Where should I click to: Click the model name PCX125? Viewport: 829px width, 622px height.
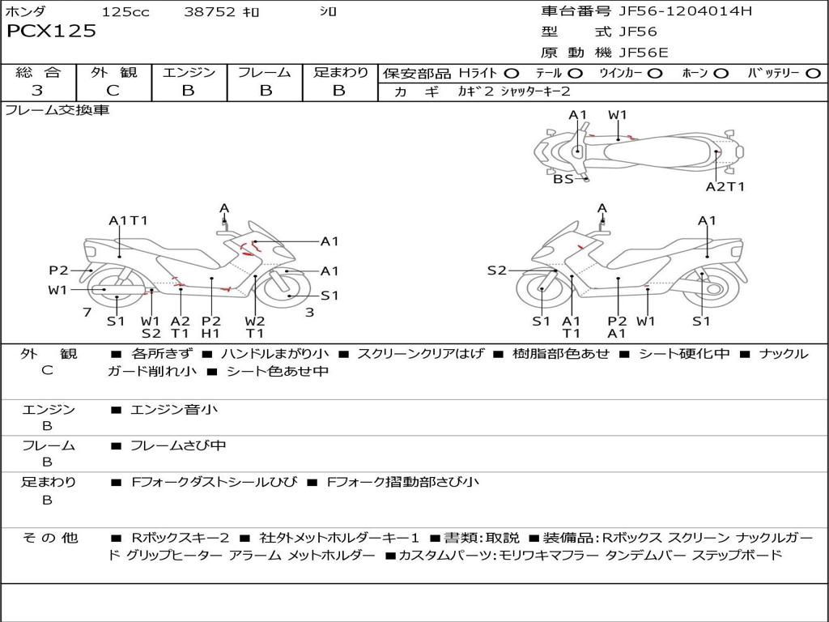tap(51, 32)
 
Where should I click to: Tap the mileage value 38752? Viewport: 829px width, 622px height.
tap(209, 12)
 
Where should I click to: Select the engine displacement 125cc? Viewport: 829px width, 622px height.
tap(125, 12)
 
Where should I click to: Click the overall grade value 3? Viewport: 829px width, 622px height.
tap(37, 91)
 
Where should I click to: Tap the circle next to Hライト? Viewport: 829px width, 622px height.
tap(512, 74)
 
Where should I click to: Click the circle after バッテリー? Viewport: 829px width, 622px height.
tap(813, 74)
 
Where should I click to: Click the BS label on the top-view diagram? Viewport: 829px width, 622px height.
tap(563, 179)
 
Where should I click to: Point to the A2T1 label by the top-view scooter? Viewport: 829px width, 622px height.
tap(725, 187)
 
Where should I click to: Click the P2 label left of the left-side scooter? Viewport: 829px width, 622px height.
tap(58, 271)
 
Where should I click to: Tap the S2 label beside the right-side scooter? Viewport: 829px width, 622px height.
tap(496, 271)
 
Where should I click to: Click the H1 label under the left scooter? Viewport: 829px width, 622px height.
tap(210, 333)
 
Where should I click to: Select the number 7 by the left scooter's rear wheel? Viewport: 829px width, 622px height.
tap(86, 313)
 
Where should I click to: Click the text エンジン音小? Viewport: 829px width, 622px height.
tap(173, 410)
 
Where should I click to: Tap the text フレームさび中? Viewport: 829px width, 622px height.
tap(178, 445)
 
